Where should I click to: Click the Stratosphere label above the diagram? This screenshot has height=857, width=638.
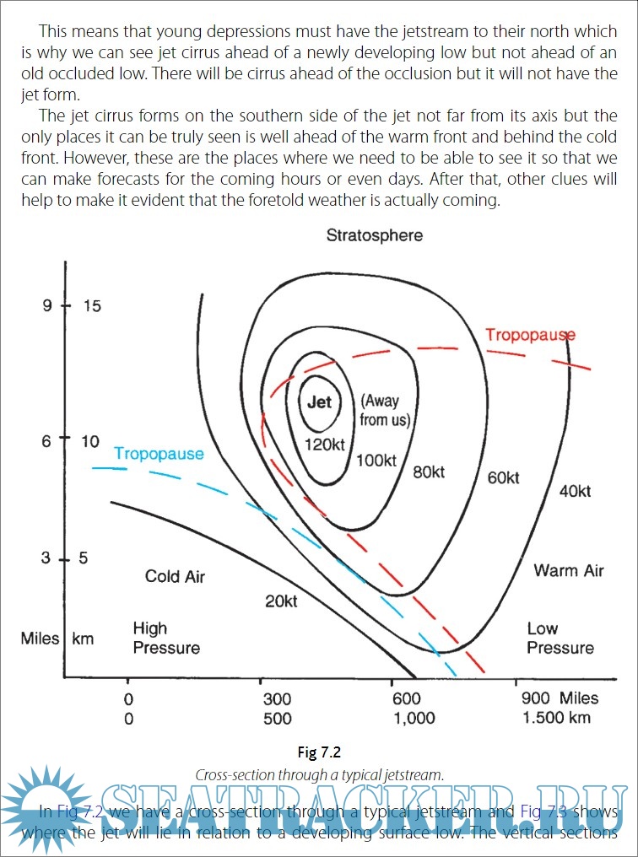pos(375,235)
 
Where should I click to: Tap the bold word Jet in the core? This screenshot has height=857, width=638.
pos(319,402)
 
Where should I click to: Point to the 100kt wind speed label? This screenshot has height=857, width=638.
pos(376,461)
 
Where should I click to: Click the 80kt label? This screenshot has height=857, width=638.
pos(429,472)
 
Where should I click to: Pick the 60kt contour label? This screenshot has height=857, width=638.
pos(503,478)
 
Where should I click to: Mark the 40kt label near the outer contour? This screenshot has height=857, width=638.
pos(575,492)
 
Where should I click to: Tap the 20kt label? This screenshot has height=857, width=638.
pos(282,601)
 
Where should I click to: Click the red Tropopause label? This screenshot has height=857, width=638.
pos(530,335)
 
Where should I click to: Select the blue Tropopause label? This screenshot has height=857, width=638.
pos(159,454)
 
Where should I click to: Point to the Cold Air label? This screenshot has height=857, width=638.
pos(175,577)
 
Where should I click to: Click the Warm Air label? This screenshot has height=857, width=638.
pos(569,571)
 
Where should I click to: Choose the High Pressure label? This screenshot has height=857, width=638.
pos(166,639)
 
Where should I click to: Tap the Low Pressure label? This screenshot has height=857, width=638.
pos(560,639)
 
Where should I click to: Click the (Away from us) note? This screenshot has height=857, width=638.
pos(379,411)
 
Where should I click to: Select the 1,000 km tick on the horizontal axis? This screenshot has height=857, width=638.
pos(414,719)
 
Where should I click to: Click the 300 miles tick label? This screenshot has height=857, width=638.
pos(277,699)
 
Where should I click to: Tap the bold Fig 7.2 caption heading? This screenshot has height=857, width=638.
pos(319,752)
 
